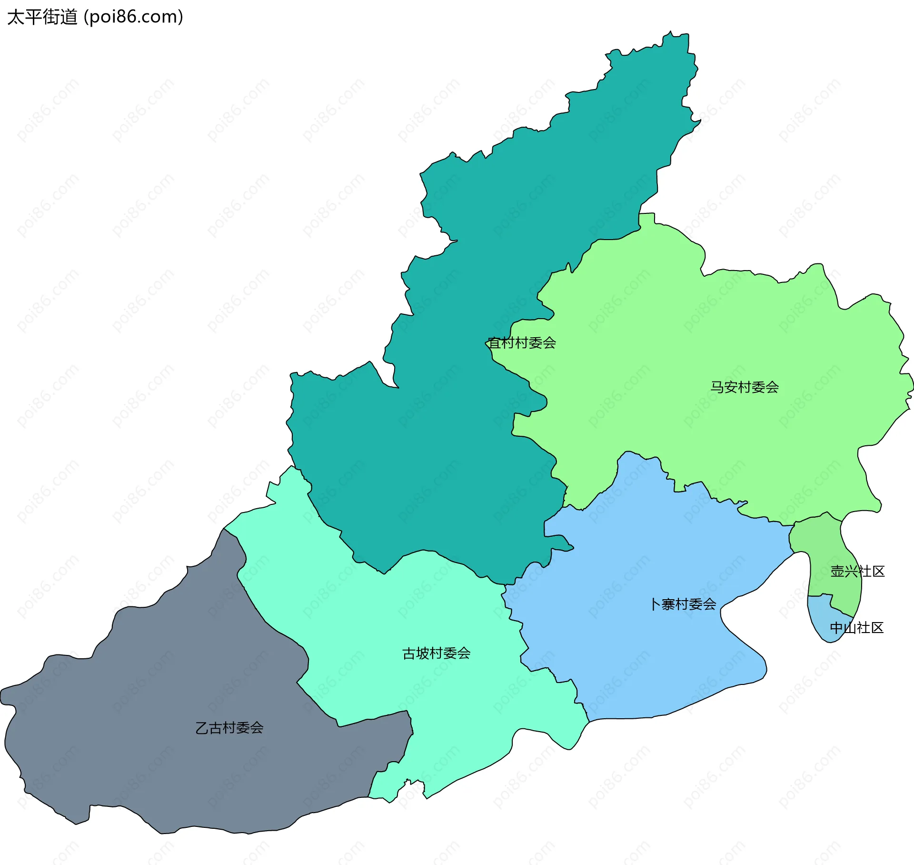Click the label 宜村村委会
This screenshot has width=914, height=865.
click(522, 343)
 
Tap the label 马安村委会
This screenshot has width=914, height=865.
click(745, 387)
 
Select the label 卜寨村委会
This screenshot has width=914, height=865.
click(684, 604)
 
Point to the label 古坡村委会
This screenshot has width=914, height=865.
click(436, 654)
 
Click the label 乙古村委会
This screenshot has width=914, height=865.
click(229, 728)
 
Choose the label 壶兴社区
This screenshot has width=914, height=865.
click(857, 572)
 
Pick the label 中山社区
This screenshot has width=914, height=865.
click(856, 628)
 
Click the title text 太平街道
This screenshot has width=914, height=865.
click(42, 17)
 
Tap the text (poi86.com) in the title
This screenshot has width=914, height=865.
click(133, 17)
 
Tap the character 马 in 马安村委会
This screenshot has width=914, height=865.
click(717, 387)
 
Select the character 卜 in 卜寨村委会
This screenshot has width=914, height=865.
click(656, 604)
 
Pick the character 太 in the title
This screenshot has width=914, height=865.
click(16, 17)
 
